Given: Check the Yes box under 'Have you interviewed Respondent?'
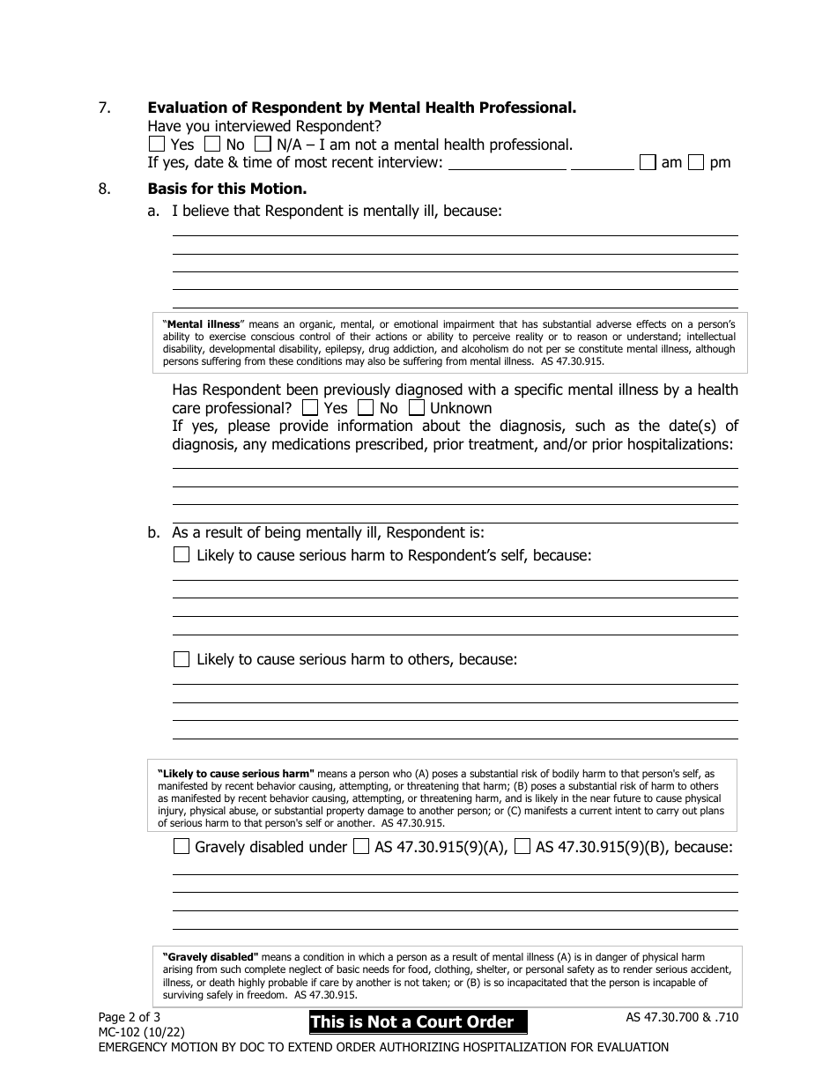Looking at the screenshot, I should (156, 144).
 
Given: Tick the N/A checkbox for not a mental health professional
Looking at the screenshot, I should (263, 144).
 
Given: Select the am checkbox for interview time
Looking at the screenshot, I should (648, 162).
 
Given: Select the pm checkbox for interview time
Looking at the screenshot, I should (696, 162).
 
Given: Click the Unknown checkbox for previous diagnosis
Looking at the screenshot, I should (418, 408).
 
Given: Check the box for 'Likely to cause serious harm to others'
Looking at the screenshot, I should (181, 658).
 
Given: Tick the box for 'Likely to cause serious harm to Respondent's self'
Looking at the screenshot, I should (181, 554).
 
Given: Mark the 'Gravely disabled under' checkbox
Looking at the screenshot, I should (181, 847).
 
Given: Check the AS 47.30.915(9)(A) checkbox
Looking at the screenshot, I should (360, 847).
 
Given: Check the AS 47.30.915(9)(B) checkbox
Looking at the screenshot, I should (522, 847).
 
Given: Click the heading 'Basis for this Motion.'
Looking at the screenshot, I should (226, 189).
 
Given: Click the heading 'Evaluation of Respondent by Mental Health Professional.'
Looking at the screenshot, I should (361, 108).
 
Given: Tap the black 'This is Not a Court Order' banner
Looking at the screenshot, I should (418, 1022).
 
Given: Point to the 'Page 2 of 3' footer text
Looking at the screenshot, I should (129, 1016).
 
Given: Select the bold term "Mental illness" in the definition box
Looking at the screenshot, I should (204, 324).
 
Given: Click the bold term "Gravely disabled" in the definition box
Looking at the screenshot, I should (211, 956).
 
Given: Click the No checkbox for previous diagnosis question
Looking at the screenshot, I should (362, 408).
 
